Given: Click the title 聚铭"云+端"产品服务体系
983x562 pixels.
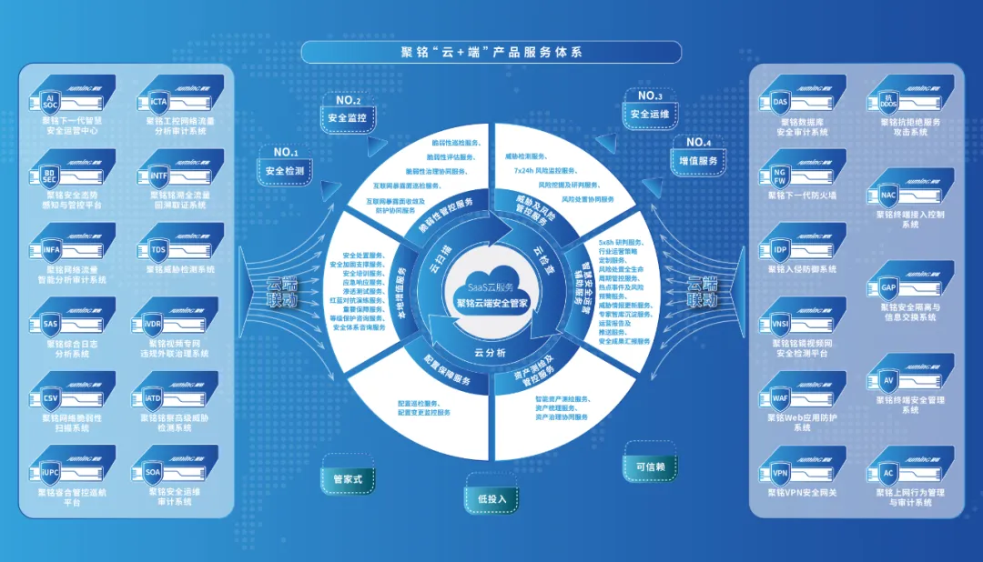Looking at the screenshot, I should [491, 52].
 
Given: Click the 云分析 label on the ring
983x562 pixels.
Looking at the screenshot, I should [490, 352].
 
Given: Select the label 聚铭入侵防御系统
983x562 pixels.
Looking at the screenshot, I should [802, 269].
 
